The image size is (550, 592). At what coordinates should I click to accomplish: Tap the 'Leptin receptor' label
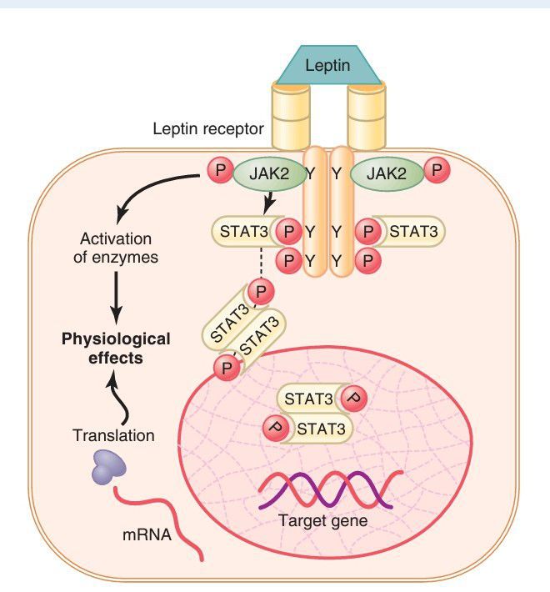[x=207, y=129]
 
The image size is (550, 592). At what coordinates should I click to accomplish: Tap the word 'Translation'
[x=114, y=435]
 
